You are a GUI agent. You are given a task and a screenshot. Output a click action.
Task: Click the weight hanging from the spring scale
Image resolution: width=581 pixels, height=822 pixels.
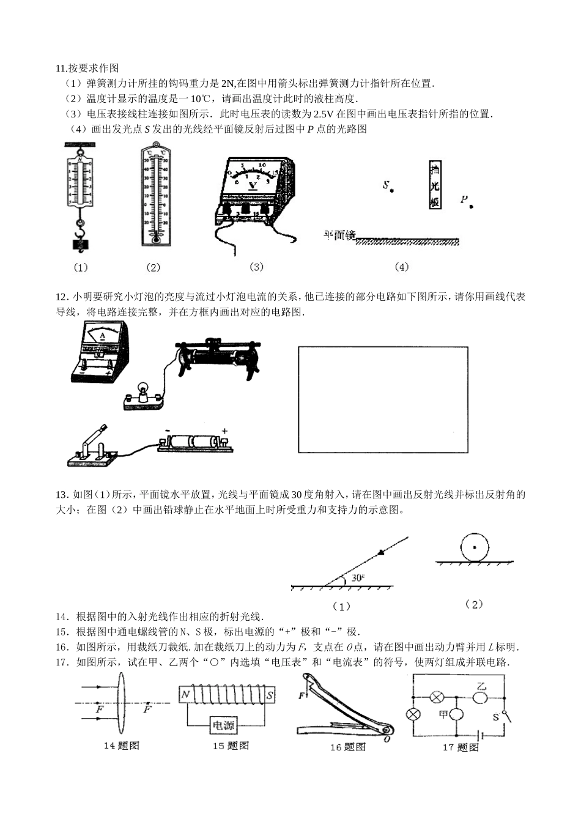[80, 244]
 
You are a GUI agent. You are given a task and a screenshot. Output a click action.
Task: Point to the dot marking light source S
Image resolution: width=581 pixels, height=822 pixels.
[391, 191]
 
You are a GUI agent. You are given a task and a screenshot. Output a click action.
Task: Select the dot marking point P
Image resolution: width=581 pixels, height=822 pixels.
[471, 206]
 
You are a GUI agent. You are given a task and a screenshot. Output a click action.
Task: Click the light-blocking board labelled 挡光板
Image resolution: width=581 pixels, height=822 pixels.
[435, 186]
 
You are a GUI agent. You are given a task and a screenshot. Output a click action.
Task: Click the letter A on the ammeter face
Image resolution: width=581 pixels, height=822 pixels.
[102, 336]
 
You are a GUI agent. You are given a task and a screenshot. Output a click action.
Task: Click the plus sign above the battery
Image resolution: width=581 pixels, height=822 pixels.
[224, 431]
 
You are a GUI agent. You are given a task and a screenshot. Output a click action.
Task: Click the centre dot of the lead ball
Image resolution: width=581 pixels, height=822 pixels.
[475, 547]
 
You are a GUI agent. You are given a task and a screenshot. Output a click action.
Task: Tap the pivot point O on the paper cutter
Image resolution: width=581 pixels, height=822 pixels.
[387, 738]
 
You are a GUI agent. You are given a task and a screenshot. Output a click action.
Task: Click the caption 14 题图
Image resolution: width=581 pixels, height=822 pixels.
[122, 746]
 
